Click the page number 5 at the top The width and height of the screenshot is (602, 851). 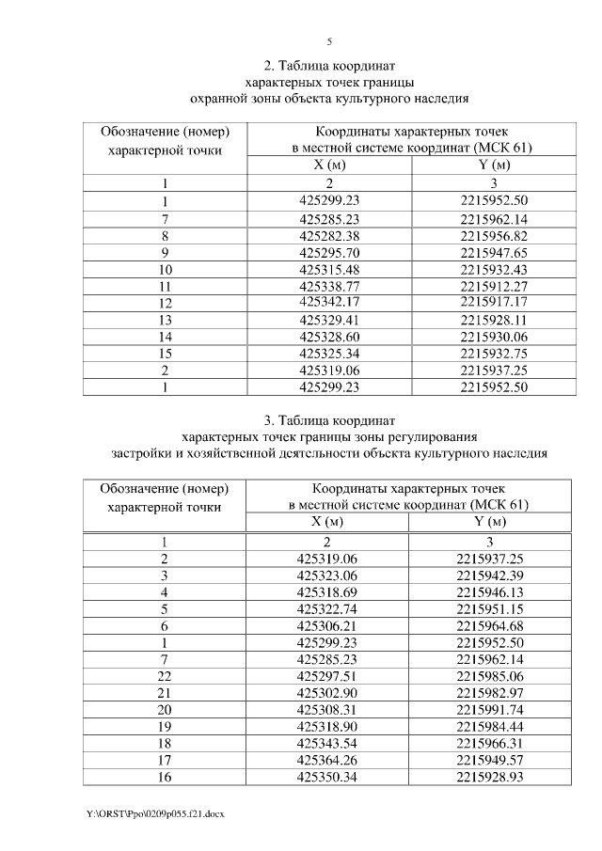329,41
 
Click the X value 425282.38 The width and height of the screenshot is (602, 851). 327,235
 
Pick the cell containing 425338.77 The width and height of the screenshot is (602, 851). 327,286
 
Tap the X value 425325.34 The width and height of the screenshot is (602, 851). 327,354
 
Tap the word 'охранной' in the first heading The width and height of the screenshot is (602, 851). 220,98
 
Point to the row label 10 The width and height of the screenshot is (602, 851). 165,269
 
